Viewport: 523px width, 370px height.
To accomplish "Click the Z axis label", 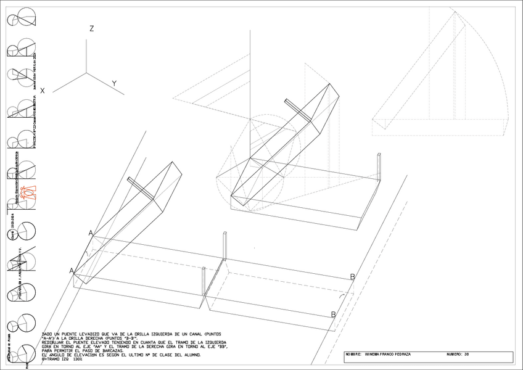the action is point(91,29).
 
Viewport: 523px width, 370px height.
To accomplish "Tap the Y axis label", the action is point(114,83).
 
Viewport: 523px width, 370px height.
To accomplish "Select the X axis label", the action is point(43,91).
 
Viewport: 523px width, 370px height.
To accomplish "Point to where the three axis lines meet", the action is point(86,73).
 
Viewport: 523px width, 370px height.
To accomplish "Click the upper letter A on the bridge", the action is point(91,233).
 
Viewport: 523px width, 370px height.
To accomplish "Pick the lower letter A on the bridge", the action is point(72,271).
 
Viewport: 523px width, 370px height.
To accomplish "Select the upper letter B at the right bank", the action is point(353,277).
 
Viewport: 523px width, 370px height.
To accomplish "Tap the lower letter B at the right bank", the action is point(334,314).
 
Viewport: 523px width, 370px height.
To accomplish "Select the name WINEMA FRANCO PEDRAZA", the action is point(388,355).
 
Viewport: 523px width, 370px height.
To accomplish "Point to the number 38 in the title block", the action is point(467,355).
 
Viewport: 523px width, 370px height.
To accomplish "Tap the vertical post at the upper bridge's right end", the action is point(378,166).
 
